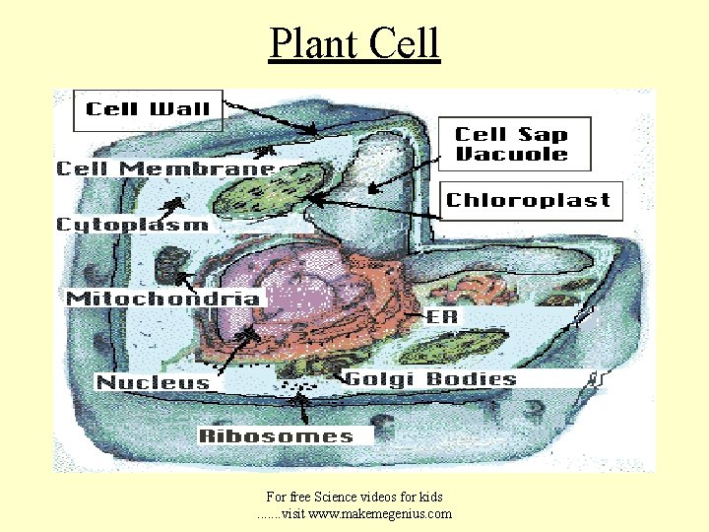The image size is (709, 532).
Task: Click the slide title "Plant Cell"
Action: [354, 44]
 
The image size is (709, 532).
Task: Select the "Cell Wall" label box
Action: [150, 110]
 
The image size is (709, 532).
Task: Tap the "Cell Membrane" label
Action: [164, 169]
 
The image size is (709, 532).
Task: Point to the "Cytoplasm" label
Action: [133, 225]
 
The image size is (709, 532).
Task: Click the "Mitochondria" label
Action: [163, 298]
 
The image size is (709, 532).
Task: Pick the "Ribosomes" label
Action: [276, 435]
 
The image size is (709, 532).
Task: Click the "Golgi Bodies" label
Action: [430, 379]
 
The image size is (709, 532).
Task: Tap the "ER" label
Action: [439, 317]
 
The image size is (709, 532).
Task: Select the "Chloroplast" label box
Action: [529, 200]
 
